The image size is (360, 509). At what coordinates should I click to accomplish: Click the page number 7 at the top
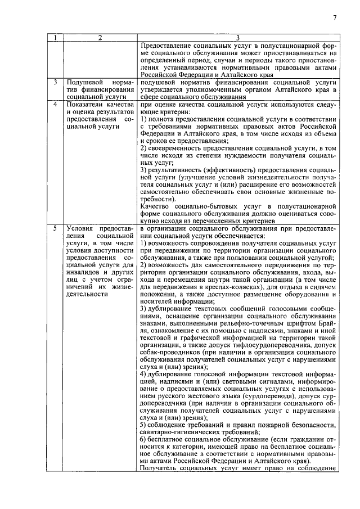click(x=334, y=17)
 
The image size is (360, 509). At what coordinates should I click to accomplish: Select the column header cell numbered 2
click(x=100, y=38)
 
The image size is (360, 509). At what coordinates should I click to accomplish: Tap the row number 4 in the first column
click(x=55, y=105)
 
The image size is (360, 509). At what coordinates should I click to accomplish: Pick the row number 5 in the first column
click(x=55, y=228)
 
